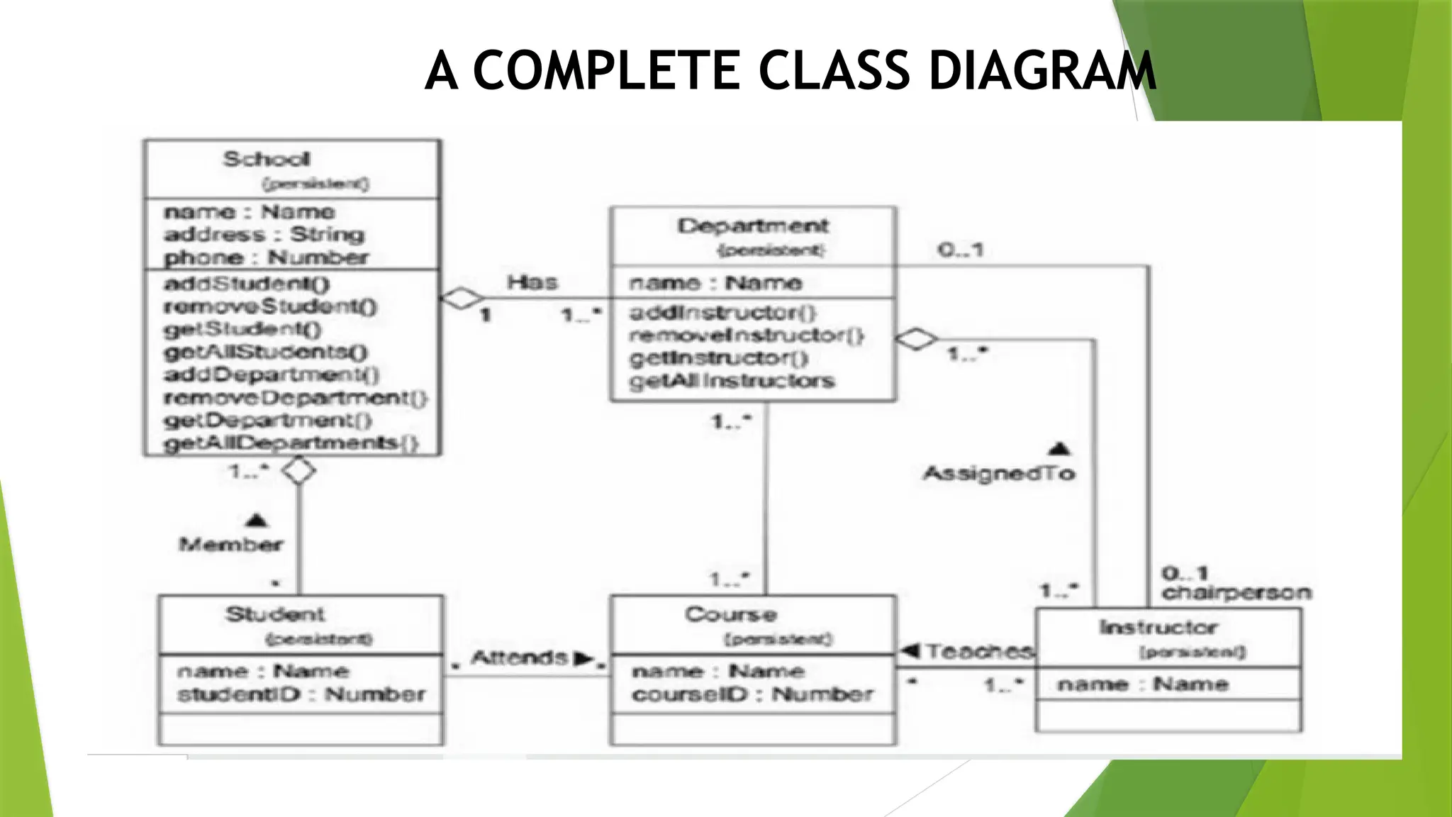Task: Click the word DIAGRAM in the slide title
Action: [1042, 71]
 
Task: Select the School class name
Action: [267, 160]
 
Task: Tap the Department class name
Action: [753, 226]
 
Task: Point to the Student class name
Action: [275, 614]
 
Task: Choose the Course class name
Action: [731, 614]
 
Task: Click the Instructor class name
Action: [1158, 628]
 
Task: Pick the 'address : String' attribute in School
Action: [264, 235]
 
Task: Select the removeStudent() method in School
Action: [270, 306]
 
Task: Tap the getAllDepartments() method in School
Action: [291, 443]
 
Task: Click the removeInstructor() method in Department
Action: [746, 335]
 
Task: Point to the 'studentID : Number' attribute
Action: [301, 694]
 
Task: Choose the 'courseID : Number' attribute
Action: [752, 694]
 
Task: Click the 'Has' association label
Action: [532, 282]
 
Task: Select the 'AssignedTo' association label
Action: [999, 474]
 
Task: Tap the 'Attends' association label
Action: [520, 658]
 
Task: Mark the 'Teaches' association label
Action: [978, 651]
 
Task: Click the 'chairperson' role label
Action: [1236, 593]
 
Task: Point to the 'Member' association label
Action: [231, 545]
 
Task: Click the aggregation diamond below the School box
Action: [298, 470]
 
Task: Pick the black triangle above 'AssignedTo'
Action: [1059, 449]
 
